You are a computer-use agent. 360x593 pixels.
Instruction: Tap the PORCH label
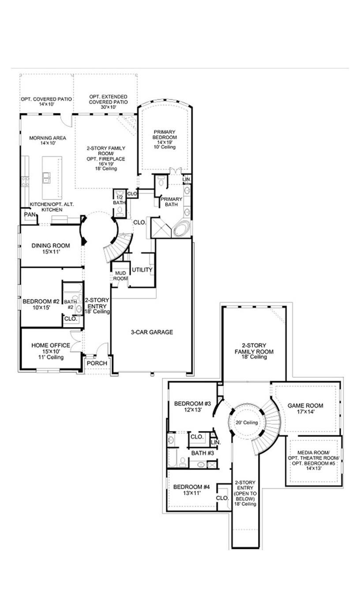point(97,363)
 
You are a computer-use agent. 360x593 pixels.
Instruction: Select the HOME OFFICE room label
point(50,345)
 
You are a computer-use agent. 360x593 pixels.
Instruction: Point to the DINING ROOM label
point(48,246)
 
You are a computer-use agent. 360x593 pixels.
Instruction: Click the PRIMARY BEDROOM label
point(165,135)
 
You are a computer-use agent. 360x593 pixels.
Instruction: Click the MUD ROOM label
point(120,276)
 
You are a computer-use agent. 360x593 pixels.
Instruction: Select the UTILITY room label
point(142,270)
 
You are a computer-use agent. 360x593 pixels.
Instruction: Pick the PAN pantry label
point(30,214)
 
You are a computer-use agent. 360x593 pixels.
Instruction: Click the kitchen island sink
point(46,177)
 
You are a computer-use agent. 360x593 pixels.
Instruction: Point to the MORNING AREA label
point(48,138)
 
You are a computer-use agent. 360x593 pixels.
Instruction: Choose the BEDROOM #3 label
point(192,403)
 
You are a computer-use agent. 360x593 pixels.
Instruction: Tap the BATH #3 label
point(202,453)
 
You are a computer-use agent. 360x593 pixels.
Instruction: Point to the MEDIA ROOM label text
point(315,453)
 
